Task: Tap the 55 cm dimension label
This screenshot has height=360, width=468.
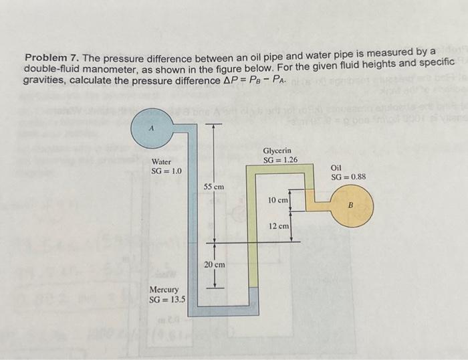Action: click(x=214, y=185)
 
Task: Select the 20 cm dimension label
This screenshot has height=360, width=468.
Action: click(x=214, y=265)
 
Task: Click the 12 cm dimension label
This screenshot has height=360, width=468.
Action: click(x=278, y=226)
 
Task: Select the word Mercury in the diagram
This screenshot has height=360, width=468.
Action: click(x=163, y=290)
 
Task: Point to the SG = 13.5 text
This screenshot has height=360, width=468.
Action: click(x=167, y=299)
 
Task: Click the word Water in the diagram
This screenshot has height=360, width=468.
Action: click(x=161, y=162)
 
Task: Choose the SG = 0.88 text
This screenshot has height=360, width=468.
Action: click(x=348, y=177)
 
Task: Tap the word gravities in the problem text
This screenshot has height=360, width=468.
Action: click(x=44, y=80)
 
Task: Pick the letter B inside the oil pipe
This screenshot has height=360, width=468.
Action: click(x=350, y=206)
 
